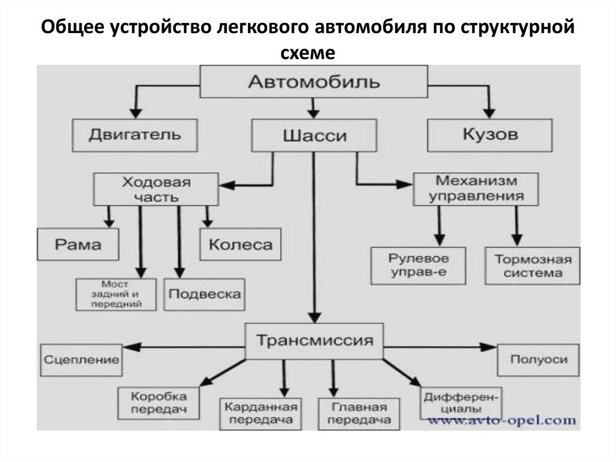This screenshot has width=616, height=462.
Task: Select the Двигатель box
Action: tap(135, 134)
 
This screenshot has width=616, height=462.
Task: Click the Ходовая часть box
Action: tap(156, 189)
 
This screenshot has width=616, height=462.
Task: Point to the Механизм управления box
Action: tap(476, 189)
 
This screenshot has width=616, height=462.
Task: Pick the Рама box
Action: tap(78, 244)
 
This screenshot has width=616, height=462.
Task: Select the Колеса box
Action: tap(240, 244)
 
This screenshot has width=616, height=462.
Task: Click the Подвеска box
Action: tap(205, 294)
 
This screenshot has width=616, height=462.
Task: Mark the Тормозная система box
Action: tap(533, 266)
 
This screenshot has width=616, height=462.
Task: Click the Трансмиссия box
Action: tap(315, 342)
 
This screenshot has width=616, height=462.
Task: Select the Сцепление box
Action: tap(81, 360)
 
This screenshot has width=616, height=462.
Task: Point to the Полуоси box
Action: tap(538, 360)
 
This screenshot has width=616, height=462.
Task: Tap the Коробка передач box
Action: tap(159, 402)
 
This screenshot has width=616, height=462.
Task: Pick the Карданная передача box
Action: tap(260, 413)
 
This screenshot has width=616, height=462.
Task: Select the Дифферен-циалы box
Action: tap(461, 402)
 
